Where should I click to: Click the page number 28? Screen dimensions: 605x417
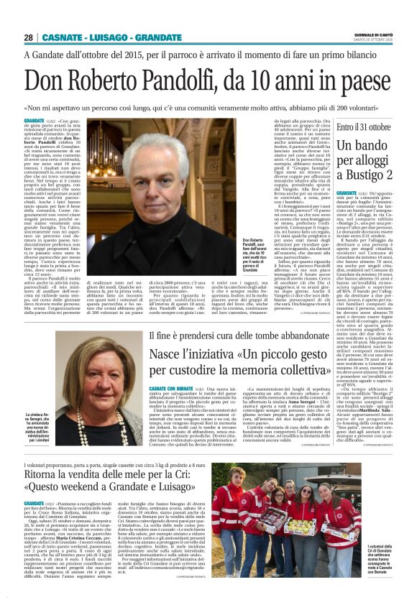pos(29,37)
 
